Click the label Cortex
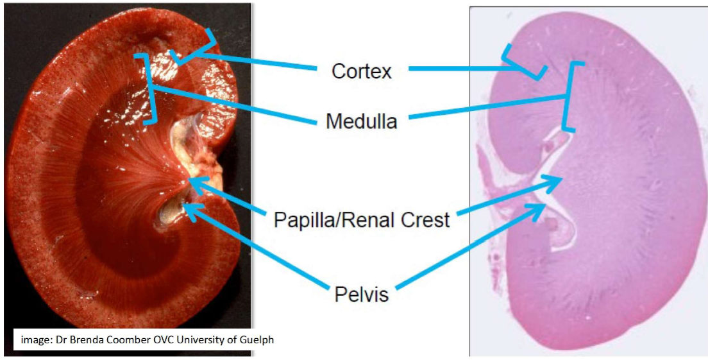pos(361,71)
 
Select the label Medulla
pos(361,121)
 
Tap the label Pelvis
pos(361,295)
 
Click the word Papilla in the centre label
pos(303,220)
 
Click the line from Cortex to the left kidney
pos(257,61)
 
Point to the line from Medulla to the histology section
pos(487,108)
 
